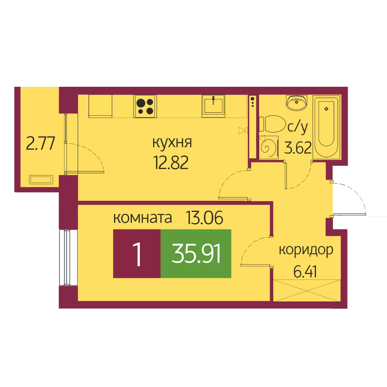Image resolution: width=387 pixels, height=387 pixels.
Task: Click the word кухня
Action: tap(172, 143)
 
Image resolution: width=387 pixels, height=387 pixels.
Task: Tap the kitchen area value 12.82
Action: tap(171, 163)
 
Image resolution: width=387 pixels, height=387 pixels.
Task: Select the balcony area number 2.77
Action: tap(41, 143)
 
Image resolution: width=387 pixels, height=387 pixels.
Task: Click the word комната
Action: tap(143, 218)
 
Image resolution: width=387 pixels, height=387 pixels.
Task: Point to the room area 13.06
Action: tap(204, 217)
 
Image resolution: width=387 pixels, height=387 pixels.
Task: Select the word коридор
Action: tap(306, 250)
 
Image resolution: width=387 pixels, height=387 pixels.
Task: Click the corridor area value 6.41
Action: tap(305, 272)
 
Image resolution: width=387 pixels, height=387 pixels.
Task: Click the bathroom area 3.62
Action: tap(298, 148)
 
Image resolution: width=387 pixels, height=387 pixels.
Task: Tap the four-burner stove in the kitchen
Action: tap(145, 106)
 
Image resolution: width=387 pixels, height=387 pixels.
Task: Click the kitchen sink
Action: tap(213, 105)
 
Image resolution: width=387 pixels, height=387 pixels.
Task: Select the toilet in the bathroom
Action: tap(272, 124)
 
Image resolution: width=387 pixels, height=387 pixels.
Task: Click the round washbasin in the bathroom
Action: tap(297, 102)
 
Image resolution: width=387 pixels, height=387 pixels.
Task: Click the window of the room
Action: tap(68, 257)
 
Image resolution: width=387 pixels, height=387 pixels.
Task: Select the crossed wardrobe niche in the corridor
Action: tap(307, 290)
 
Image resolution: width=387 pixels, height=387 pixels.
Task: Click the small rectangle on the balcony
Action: tap(41, 180)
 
